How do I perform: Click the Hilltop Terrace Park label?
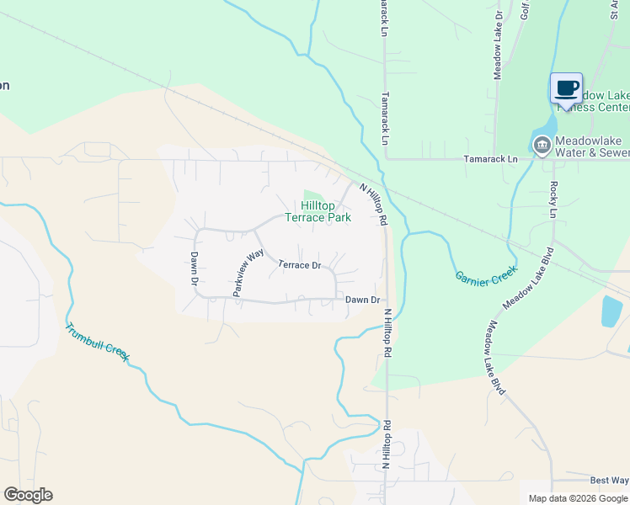pyautogui.click(x=318, y=211)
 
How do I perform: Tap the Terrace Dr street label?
pyautogui.click(x=300, y=265)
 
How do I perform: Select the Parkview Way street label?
pyautogui.click(x=243, y=274)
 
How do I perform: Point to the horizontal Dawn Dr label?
pyautogui.click(x=363, y=300)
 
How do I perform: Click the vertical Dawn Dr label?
pyautogui.click(x=193, y=270)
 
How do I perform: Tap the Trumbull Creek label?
pyautogui.click(x=98, y=343)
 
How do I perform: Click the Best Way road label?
pyautogui.click(x=609, y=480)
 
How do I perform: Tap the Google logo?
pyautogui.click(x=28, y=495)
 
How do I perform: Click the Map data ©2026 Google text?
pyautogui.click(x=577, y=498)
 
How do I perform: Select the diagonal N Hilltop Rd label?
pyautogui.click(x=373, y=204)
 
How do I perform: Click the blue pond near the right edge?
pyautogui.click(x=611, y=311)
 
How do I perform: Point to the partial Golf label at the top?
pyautogui.click(x=525, y=9)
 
